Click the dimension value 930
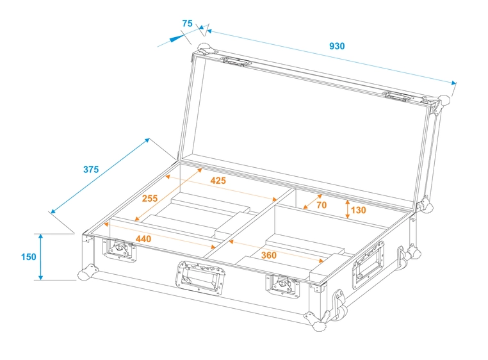click(336, 46)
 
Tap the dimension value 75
click(187, 23)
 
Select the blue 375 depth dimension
click(90, 170)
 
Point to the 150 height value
click(28, 257)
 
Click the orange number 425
click(218, 181)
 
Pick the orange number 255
click(150, 199)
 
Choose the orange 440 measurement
click(143, 239)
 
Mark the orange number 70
click(321, 205)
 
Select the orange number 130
click(359, 210)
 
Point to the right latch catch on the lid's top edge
click(399, 97)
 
